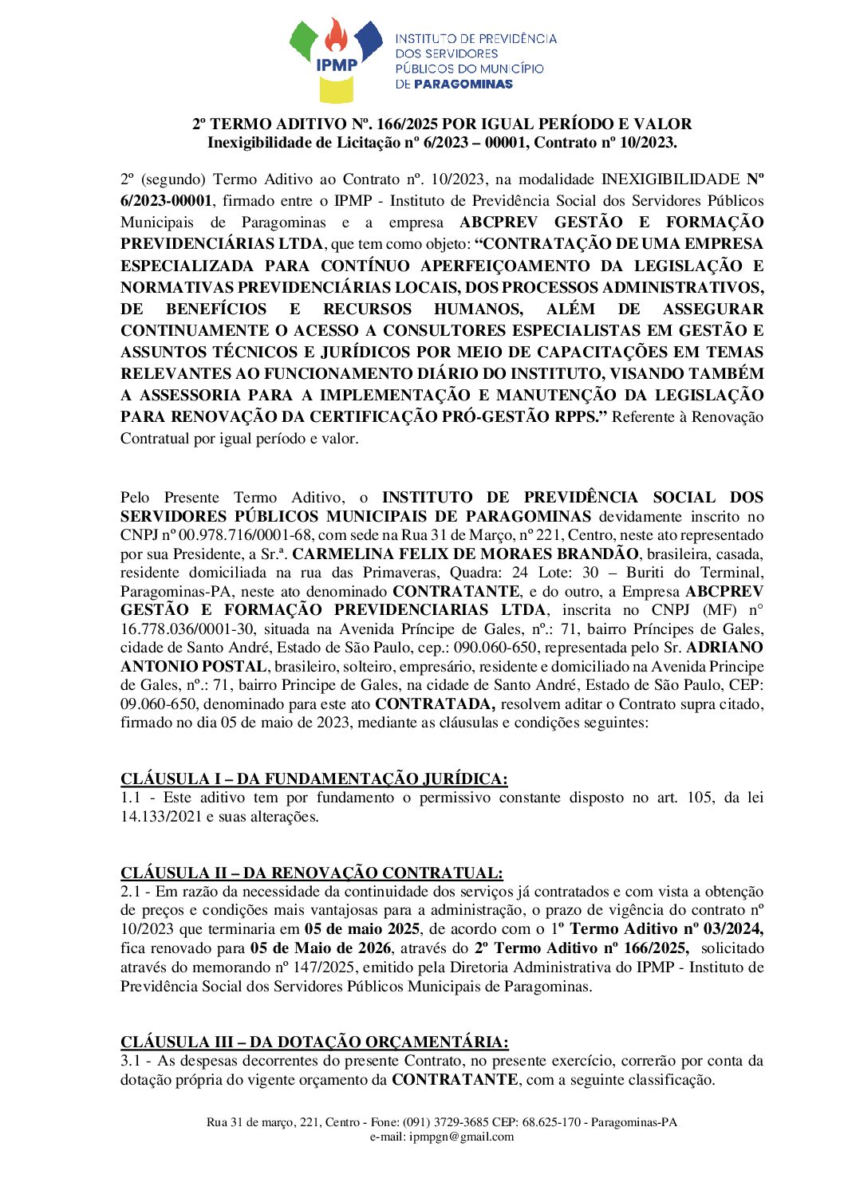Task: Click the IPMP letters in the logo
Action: point(337,65)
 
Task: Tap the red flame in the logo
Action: point(337,37)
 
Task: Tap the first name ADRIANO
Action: point(724,648)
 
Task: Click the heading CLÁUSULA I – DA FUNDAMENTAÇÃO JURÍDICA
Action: point(314,779)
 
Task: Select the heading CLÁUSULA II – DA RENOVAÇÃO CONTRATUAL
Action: point(311,873)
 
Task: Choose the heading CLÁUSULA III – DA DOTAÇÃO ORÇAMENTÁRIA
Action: point(314,1042)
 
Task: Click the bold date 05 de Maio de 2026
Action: point(320,948)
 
